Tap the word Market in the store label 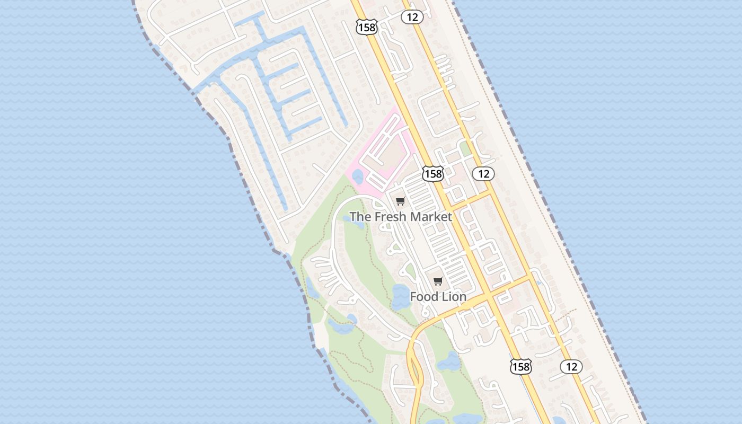(x=430, y=217)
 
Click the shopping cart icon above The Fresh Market (x=400, y=201)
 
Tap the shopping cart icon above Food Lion (x=438, y=281)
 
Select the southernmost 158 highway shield (x=520, y=366)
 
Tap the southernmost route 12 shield (x=571, y=366)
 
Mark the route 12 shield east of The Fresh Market (x=483, y=173)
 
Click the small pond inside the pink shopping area (x=358, y=176)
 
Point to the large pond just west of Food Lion (x=401, y=296)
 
